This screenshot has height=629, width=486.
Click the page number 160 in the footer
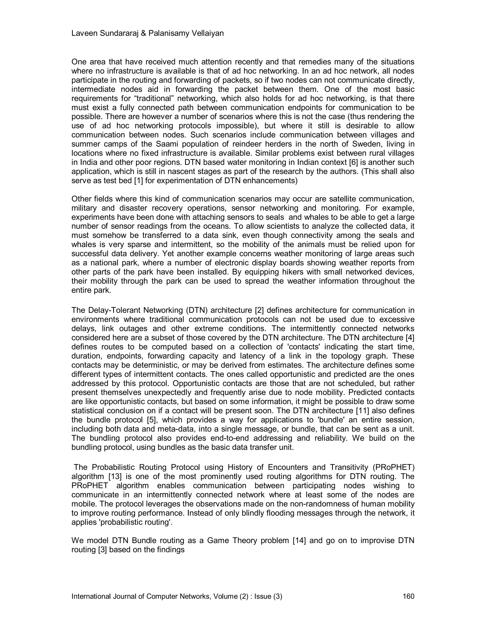tap(408, 596)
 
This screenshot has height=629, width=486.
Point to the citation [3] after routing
tap(103, 550)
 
